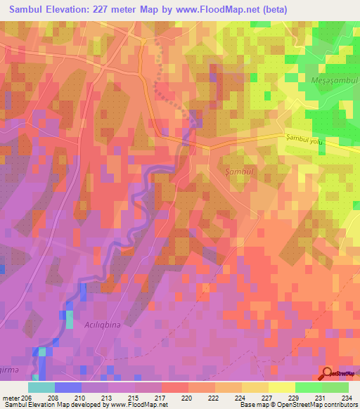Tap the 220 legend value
(x=187, y=398)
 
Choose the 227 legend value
(x=266, y=398)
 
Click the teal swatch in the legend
(x=41, y=387)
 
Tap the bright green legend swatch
(x=308, y=387)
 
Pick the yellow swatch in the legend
(x=281, y=387)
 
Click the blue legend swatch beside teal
(x=68, y=387)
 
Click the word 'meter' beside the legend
(x=11, y=398)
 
